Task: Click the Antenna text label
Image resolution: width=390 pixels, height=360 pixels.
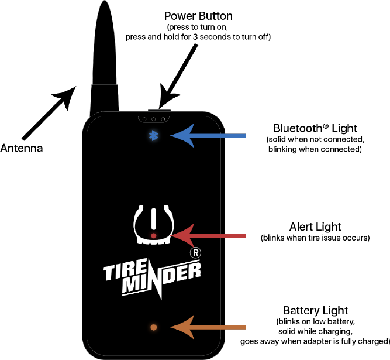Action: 21,148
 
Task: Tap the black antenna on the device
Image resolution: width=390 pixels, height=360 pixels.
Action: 105,64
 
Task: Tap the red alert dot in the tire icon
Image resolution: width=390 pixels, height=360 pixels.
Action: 153,235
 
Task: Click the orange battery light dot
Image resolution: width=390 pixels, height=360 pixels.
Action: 154,327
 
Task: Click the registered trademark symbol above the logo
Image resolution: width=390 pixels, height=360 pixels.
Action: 195,253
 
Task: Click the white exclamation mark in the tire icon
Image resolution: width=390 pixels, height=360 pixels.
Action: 153,219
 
